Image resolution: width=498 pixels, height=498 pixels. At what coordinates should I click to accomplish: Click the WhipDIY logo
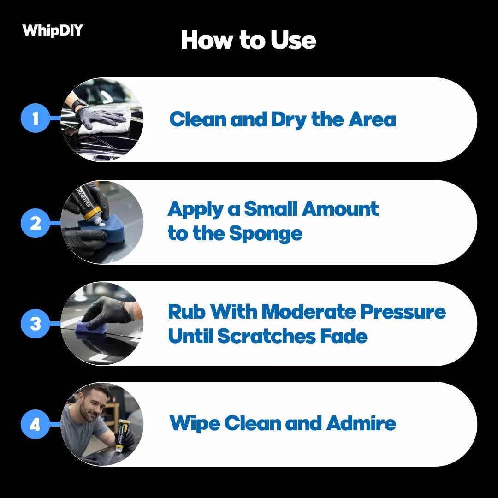pyautogui.click(x=53, y=30)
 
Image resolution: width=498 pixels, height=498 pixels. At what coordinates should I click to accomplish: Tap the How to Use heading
pyautogui.click(x=249, y=40)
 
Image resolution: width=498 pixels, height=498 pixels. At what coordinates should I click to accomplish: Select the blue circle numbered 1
pyautogui.click(x=35, y=119)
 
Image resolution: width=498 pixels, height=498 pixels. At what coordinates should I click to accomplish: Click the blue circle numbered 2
pyautogui.click(x=35, y=223)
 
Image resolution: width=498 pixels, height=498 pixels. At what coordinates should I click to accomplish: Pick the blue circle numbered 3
pyautogui.click(x=35, y=324)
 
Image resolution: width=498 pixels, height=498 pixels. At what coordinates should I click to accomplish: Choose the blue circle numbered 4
pyautogui.click(x=35, y=424)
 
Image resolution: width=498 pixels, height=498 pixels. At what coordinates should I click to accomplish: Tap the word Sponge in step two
pyautogui.click(x=266, y=234)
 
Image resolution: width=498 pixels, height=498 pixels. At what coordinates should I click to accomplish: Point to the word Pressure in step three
pyautogui.click(x=403, y=312)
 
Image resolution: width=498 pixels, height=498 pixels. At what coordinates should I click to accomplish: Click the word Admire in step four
pyautogui.click(x=361, y=423)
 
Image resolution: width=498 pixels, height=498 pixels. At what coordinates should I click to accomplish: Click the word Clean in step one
pyautogui.click(x=197, y=120)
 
